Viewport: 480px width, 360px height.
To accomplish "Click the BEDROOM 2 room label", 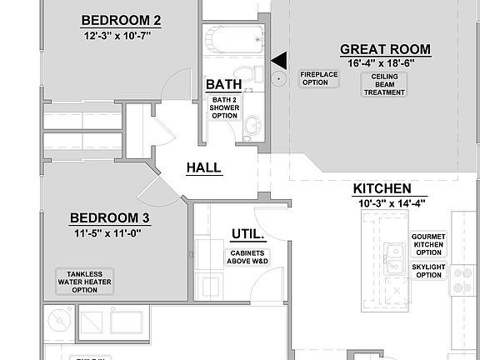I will pyautogui.click(x=121, y=20).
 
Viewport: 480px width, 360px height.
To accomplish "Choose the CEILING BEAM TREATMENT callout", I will pyautogui.click(x=385, y=84).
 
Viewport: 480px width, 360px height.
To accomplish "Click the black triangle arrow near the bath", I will pyautogui.click(x=280, y=59).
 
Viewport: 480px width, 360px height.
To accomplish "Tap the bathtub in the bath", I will pyautogui.click(x=232, y=36).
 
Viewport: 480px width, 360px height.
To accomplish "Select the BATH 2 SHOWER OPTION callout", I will pyautogui.click(x=223, y=107).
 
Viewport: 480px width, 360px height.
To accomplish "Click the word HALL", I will pyautogui.click(x=203, y=167).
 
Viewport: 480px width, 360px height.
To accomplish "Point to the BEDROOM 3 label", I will pyautogui.click(x=110, y=218).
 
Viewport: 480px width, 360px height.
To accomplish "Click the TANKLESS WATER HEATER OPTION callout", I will pyautogui.click(x=85, y=282).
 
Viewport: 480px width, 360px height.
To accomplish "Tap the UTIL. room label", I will pyautogui.click(x=247, y=235).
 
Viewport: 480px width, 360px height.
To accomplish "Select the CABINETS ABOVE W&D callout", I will pyautogui.click(x=247, y=257).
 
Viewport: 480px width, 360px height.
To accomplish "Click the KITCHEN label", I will pyautogui.click(x=382, y=188).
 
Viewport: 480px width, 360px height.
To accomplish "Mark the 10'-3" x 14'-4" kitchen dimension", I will pyautogui.click(x=382, y=202).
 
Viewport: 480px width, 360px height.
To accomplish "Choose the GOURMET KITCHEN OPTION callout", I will pyautogui.click(x=428, y=244).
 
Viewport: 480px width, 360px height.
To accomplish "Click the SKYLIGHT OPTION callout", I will pyautogui.click(x=428, y=271).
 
